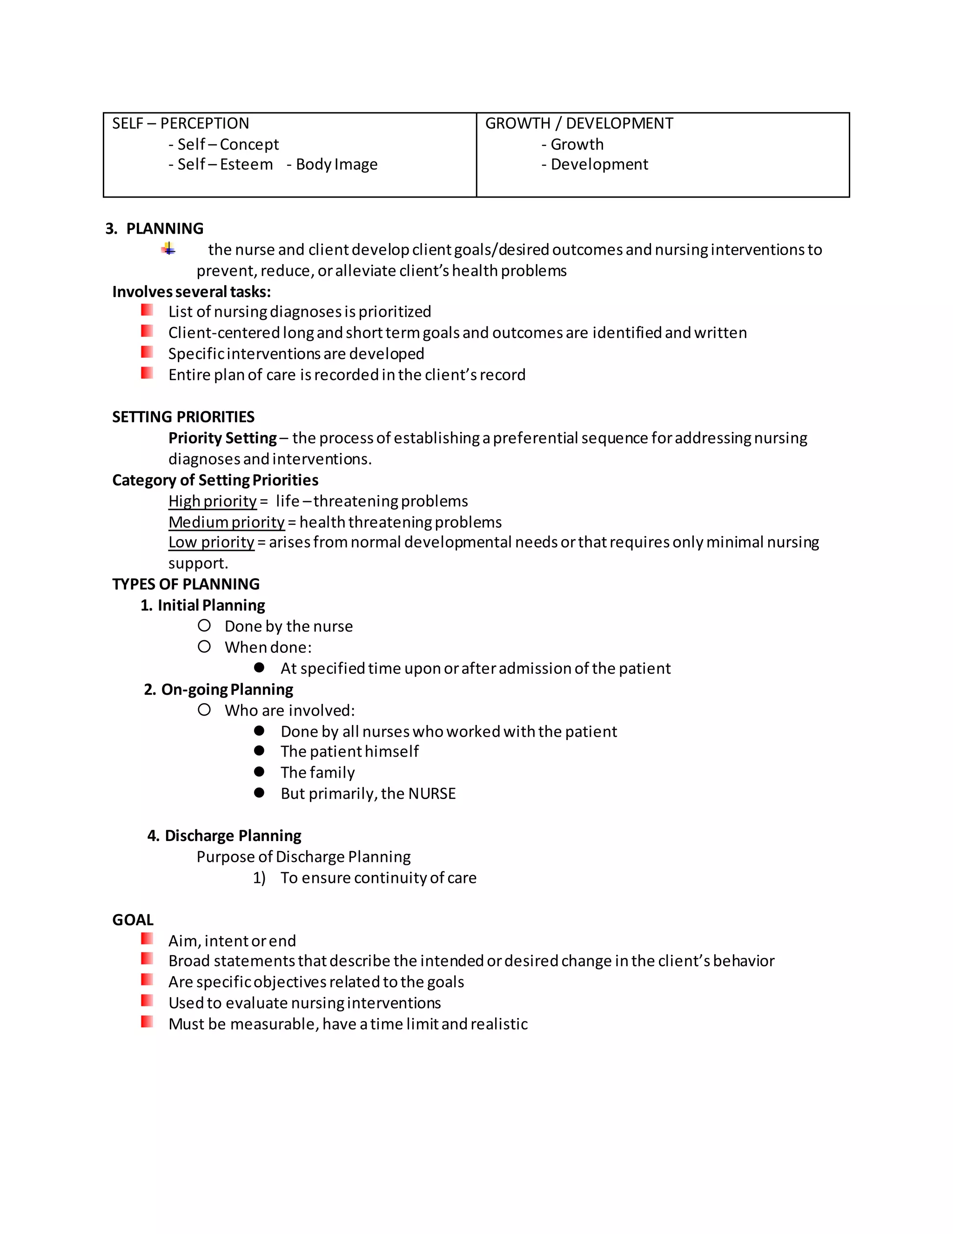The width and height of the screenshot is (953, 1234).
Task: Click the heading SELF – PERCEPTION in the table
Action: (x=180, y=123)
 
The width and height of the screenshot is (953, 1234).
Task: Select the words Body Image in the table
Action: (x=336, y=164)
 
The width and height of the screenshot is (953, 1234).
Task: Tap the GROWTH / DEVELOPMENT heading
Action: (x=579, y=123)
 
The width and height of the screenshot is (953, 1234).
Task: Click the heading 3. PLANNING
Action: (x=154, y=228)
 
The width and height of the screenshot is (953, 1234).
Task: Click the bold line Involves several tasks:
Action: (x=191, y=292)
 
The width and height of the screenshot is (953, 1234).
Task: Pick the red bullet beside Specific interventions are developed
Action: (x=147, y=352)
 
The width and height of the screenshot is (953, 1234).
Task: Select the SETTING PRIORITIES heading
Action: (x=183, y=417)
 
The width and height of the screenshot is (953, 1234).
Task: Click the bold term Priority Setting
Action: (x=222, y=438)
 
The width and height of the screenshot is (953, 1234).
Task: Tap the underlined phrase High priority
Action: (x=212, y=501)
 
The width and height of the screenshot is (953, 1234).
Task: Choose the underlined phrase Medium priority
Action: (x=227, y=522)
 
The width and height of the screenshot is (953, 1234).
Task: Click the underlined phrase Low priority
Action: (x=211, y=542)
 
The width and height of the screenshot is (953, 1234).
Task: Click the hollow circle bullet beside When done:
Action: (x=204, y=646)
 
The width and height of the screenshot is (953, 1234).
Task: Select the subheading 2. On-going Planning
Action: (x=219, y=689)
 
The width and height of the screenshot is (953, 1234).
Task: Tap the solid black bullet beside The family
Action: (x=259, y=772)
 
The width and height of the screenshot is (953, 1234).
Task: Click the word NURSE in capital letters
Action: (x=432, y=793)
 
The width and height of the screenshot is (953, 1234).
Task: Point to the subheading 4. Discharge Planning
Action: (x=224, y=836)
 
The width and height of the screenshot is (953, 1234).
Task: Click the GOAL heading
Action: (x=133, y=920)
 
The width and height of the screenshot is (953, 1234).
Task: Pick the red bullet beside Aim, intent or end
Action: (x=147, y=939)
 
